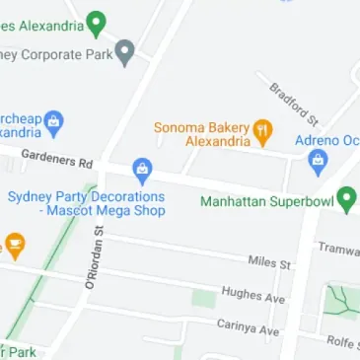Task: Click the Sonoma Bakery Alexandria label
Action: coord(201,134)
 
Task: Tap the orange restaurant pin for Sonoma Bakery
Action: coord(262,129)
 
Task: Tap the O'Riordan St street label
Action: coord(93,257)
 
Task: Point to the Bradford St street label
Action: coord(294,104)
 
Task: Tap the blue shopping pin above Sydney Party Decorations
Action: coord(142,171)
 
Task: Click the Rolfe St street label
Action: coord(342,341)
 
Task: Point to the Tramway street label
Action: coord(340,250)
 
